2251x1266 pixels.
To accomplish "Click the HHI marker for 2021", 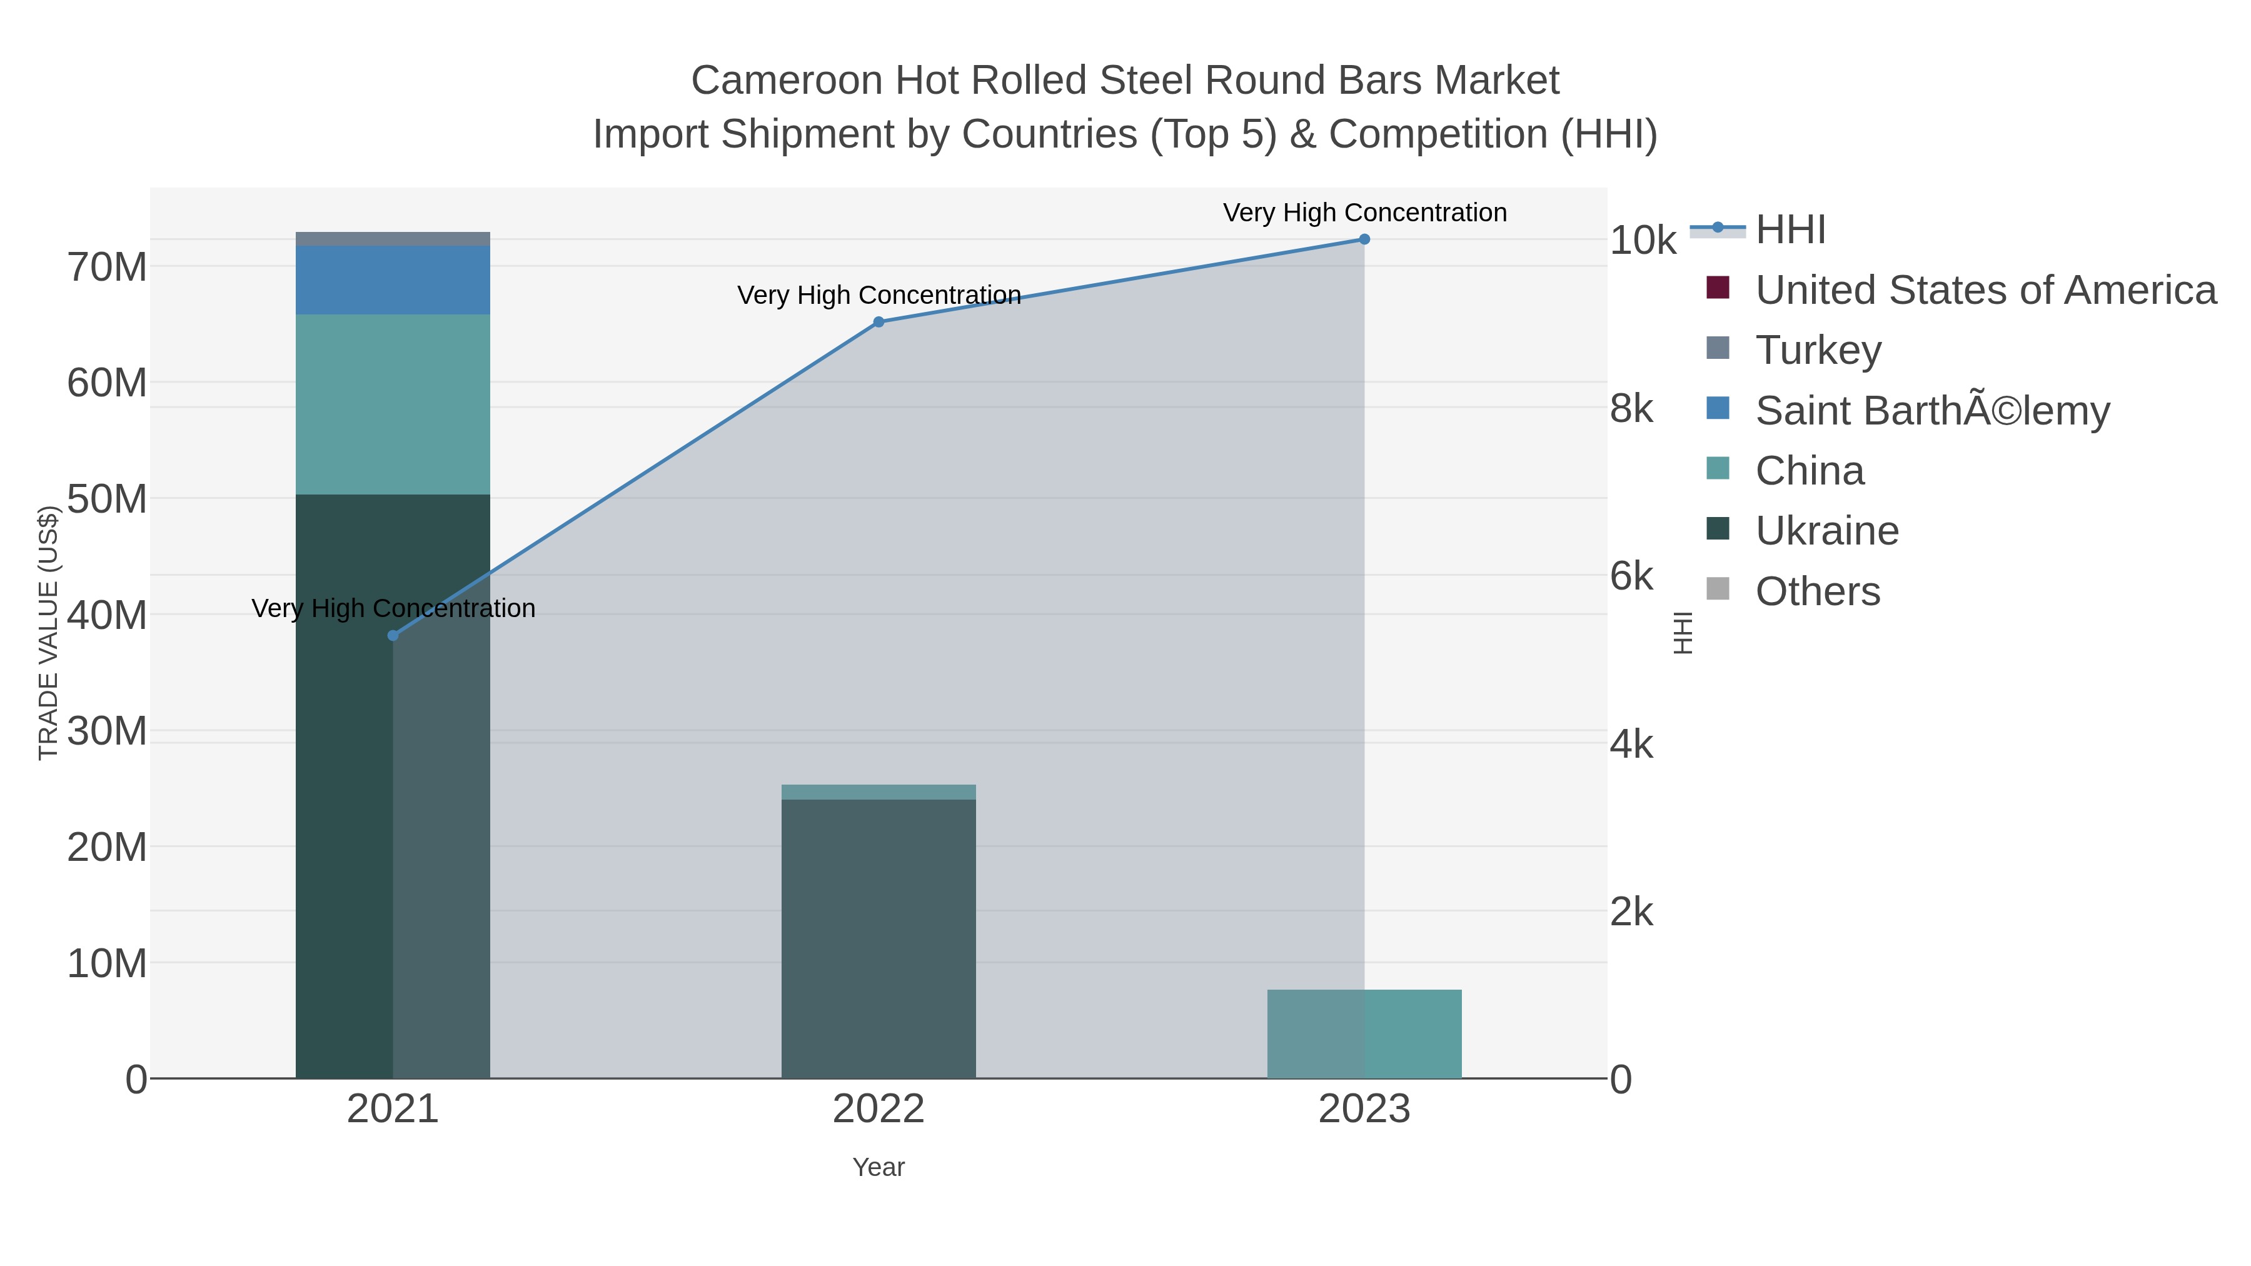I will coord(393,635).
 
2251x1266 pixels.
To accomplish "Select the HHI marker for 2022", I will coord(879,323).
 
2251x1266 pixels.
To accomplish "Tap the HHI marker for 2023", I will coord(1364,239).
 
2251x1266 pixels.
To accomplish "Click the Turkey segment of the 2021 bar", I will coord(393,239).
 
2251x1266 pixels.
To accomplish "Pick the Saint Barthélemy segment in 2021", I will coord(393,279).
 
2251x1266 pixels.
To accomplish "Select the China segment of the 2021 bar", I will coord(393,404).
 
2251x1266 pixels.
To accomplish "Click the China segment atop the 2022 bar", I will coord(879,791).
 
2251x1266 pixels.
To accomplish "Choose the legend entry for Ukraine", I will coord(1826,531).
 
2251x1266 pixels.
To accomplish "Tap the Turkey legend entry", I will coord(1818,350).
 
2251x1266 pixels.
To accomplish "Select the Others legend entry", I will coord(1818,591).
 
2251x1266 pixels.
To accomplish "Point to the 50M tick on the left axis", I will coord(106,499).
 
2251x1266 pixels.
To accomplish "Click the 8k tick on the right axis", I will coord(1631,409).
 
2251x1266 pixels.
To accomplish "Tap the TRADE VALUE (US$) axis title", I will coord(49,633).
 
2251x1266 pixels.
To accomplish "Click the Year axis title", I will coord(879,1167).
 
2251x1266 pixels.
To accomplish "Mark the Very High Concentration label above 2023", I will coord(1365,213).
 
